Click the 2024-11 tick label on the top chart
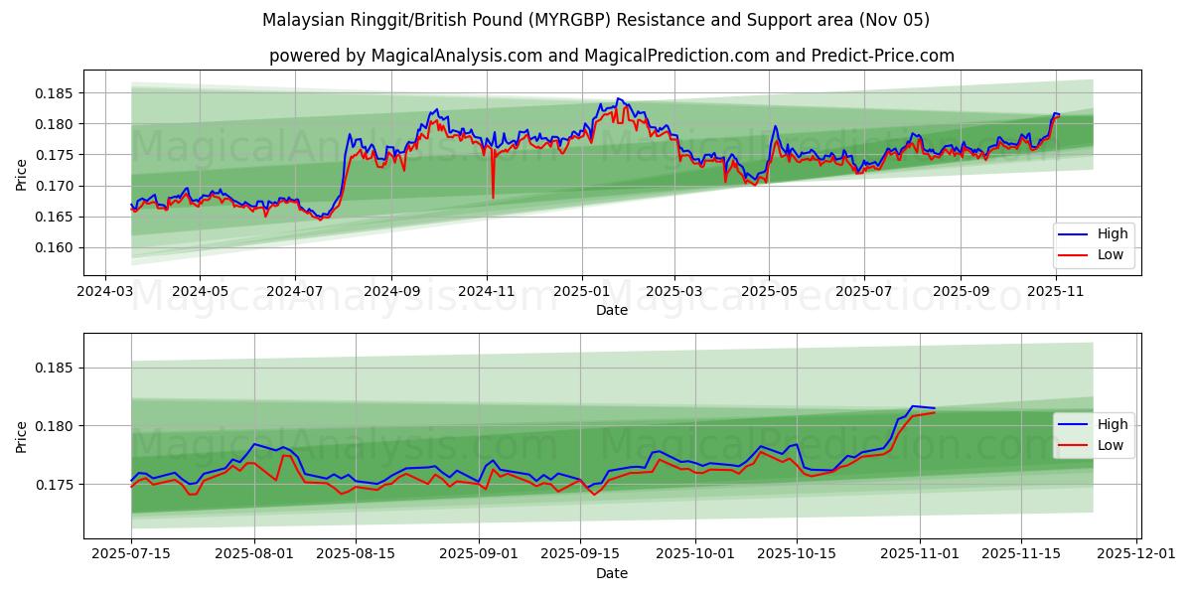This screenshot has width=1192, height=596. coord(487,293)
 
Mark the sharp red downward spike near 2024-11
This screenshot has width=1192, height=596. coord(493,197)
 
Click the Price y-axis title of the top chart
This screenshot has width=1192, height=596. coord(22,175)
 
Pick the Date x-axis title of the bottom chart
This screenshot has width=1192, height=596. coord(612,573)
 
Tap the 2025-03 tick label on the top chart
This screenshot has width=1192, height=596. coord(674,293)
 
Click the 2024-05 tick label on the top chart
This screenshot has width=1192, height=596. coord(200,293)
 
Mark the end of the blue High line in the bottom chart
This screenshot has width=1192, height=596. coord(934,408)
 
